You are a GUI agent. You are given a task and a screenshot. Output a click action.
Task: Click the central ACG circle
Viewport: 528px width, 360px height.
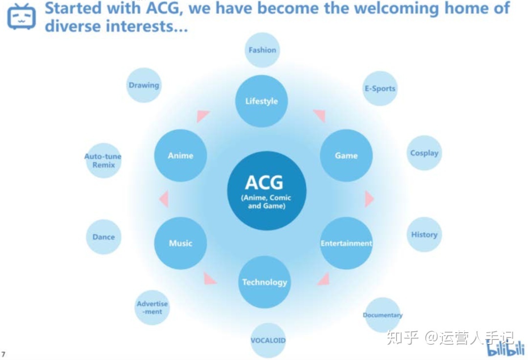266,191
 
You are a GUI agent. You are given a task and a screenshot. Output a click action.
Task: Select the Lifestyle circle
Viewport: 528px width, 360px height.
262,101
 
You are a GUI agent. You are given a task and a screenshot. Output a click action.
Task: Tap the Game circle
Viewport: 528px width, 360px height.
346,155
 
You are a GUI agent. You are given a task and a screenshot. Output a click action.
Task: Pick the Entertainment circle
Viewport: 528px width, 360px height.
346,243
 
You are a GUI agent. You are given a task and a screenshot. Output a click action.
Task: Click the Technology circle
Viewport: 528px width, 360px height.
264,282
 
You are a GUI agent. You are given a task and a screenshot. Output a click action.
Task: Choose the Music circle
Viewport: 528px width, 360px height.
180,243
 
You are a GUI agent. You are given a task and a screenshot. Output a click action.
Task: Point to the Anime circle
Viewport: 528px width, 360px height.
180,155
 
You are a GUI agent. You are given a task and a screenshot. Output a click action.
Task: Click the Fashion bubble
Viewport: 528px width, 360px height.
262,50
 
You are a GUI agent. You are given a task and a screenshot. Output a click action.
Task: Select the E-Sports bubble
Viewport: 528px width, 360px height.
380,88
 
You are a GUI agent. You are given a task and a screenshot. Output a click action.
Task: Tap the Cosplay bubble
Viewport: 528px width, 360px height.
424,153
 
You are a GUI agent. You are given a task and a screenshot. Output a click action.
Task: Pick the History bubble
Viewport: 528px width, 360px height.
424,234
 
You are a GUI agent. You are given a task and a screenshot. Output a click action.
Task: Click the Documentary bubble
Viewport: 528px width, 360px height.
382,315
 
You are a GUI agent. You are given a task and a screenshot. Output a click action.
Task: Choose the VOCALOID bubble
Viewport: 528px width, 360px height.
268,340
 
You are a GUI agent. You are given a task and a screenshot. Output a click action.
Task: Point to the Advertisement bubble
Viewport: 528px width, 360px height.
152,307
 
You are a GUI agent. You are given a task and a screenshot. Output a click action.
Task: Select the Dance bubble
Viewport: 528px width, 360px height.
104,237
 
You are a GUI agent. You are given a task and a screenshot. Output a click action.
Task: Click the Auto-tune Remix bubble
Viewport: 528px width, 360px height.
103,161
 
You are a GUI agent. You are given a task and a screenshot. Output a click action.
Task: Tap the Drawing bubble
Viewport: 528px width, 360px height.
144,85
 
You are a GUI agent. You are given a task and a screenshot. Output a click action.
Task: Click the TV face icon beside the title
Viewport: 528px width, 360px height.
22,17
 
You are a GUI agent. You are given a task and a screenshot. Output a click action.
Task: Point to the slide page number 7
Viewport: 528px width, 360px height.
4,354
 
